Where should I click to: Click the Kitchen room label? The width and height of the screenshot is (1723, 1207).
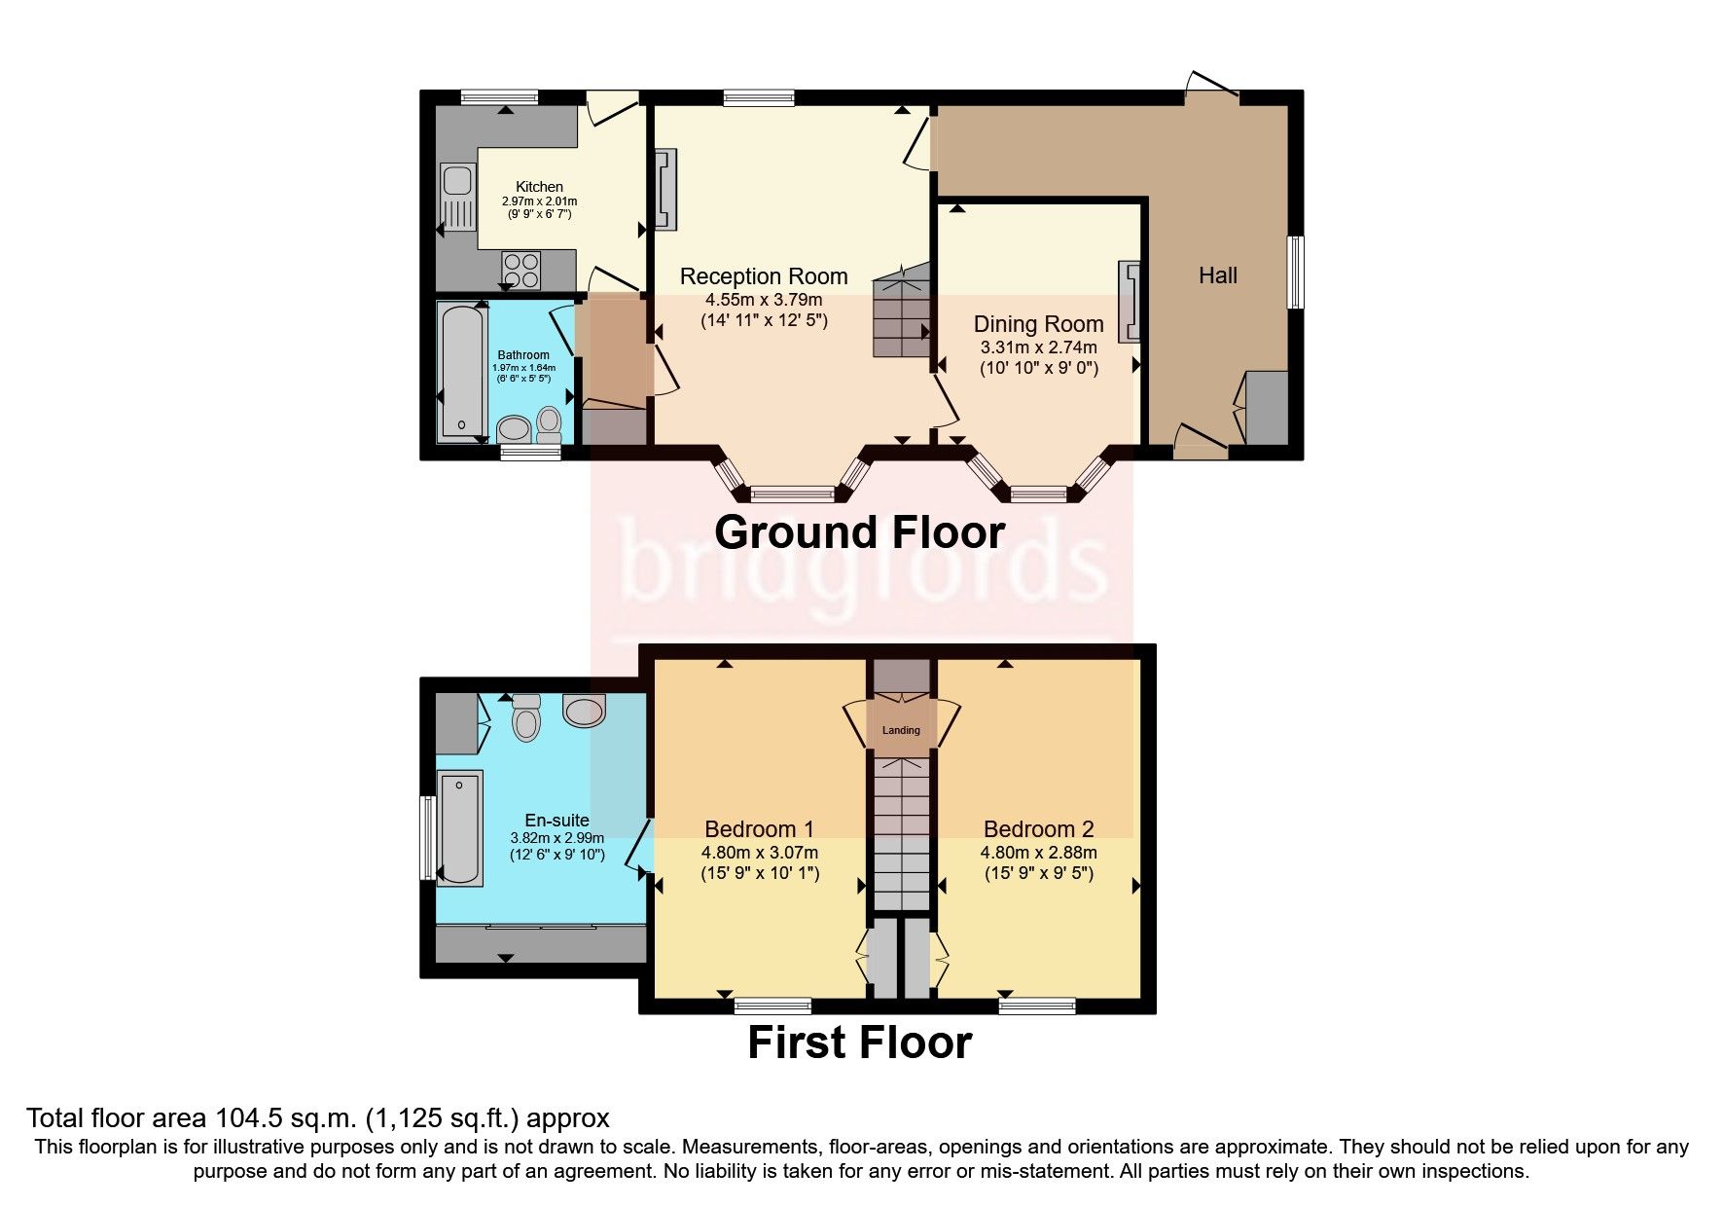click(x=539, y=187)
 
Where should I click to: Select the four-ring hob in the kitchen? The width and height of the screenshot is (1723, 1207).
click(x=520, y=270)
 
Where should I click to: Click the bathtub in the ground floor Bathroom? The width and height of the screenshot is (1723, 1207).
click(x=460, y=371)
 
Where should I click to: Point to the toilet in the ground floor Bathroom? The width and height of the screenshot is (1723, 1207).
click(x=550, y=423)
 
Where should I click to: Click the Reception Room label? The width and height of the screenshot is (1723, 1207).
click(x=764, y=276)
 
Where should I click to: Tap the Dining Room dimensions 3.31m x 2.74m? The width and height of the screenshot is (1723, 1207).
click(x=1038, y=347)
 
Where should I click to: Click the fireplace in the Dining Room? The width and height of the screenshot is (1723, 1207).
click(x=1130, y=301)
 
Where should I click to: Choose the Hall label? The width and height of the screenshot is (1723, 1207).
click(x=1217, y=275)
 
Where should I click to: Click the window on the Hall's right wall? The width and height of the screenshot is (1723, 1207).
click(x=1295, y=273)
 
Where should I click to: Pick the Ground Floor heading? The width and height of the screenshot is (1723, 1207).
click(x=859, y=532)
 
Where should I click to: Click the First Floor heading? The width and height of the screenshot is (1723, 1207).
click(x=859, y=1042)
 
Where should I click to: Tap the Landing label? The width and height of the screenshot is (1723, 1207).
click(x=901, y=730)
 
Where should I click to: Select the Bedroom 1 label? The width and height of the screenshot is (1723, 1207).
click(x=759, y=829)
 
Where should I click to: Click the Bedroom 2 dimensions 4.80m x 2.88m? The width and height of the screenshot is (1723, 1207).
click(x=1038, y=853)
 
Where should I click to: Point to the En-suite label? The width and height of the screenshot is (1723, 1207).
click(x=556, y=821)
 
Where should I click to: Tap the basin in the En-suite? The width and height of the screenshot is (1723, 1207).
click(x=585, y=712)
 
